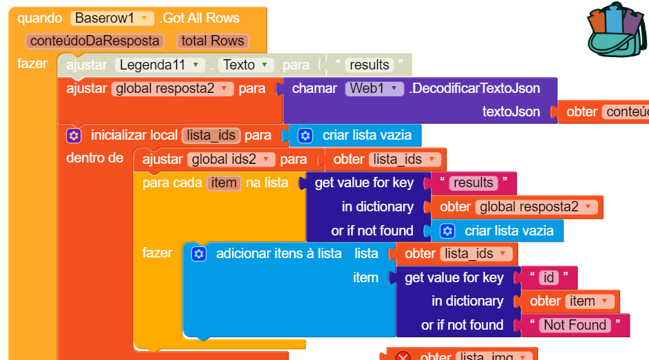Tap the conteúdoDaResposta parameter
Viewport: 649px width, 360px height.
pyautogui.click(x=95, y=41)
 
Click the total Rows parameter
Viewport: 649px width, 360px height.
pyautogui.click(x=213, y=41)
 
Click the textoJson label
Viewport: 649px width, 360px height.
pyautogui.click(x=511, y=112)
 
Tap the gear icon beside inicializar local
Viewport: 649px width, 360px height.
pyautogui.click(x=74, y=136)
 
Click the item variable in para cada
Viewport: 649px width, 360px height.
pyautogui.click(x=224, y=183)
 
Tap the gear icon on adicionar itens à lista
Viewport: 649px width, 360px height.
pyautogui.click(x=199, y=254)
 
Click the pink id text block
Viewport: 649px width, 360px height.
pyautogui.click(x=549, y=278)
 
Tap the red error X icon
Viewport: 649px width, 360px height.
pyautogui.click(x=403, y=357)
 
